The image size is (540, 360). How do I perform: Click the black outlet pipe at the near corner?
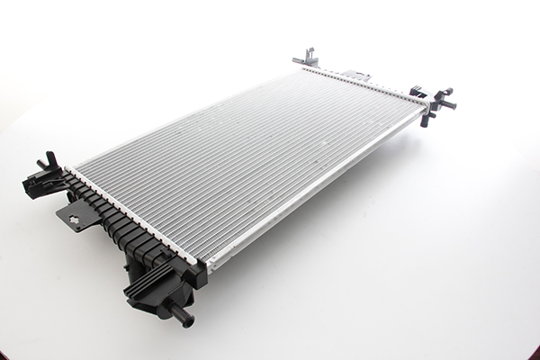(x=178, y=315)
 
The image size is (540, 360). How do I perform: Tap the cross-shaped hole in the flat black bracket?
(x=77, y=216)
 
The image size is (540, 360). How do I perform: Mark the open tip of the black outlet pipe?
(x=189, y=322)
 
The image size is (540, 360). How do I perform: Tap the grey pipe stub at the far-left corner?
(x=301, y=61)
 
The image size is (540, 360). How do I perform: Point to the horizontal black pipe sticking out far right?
(x=445, y=104)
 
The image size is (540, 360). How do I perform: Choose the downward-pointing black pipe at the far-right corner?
(x=425, y=118)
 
